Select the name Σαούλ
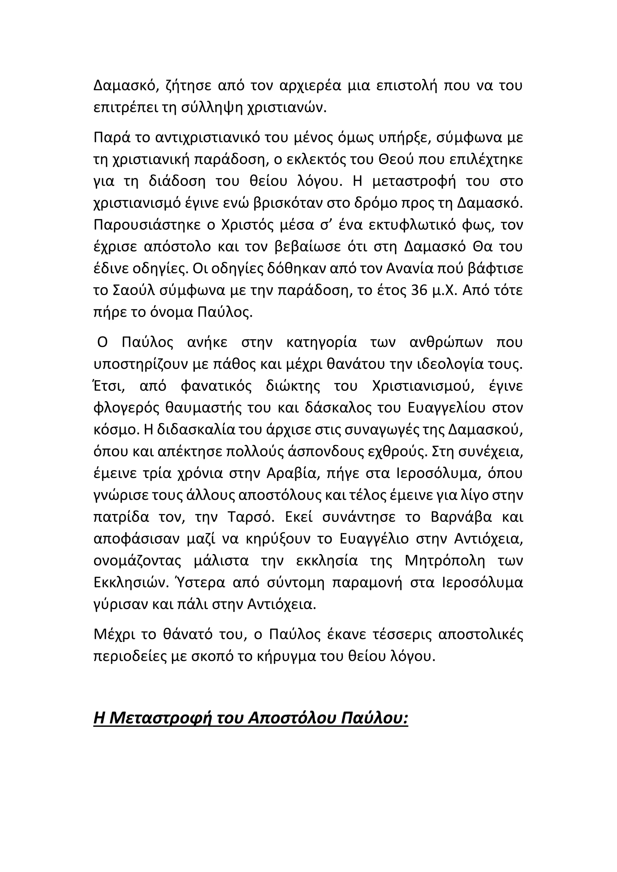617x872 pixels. click(131, 291)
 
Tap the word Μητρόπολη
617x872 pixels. click(445, 561)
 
